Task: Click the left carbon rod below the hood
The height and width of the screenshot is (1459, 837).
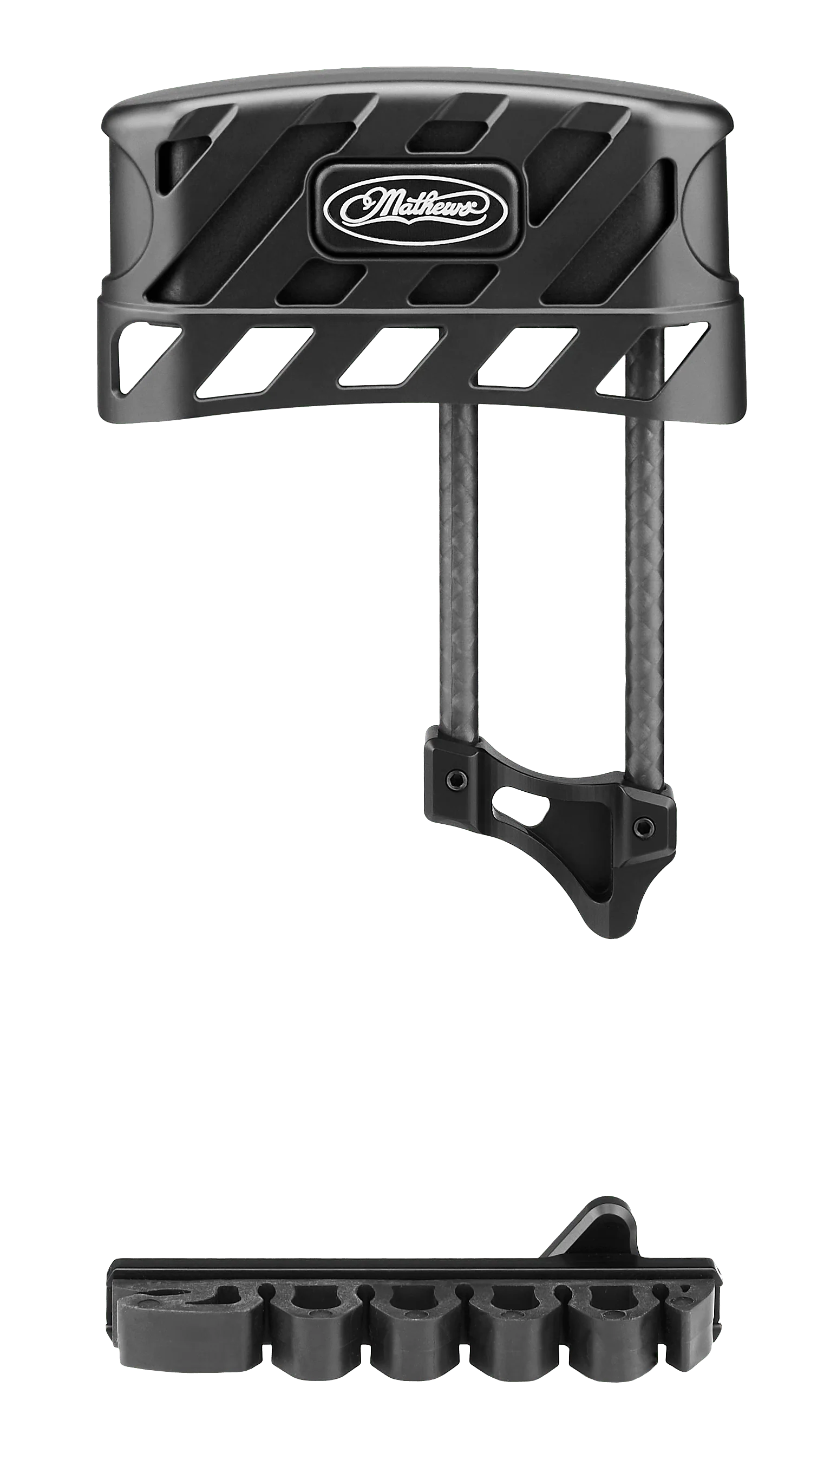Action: tap(459, 566)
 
